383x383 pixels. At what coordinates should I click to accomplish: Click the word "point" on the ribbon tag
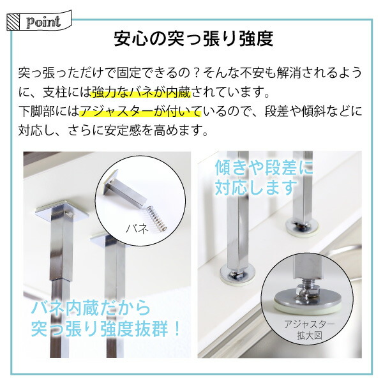[43, 22]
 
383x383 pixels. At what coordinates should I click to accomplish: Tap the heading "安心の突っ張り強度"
[193, 38]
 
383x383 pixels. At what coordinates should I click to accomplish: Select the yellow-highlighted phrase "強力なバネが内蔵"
[140, 93]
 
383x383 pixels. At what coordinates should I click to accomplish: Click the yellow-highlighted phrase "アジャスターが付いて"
[140, 112]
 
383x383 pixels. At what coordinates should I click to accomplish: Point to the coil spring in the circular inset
[157, 218]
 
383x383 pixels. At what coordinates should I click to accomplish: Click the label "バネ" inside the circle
[137, 229]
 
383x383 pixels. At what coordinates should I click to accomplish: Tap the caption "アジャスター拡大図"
[309, 330]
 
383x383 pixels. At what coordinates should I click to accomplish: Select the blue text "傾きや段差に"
[264, 167]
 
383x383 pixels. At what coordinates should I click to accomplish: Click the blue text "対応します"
[256, 187]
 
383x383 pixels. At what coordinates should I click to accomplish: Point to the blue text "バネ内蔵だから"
[91, 308]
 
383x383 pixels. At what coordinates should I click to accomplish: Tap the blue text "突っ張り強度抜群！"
[105, 329]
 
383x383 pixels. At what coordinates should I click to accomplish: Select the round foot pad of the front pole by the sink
[237, 274]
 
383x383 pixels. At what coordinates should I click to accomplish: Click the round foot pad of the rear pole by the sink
[302, 226]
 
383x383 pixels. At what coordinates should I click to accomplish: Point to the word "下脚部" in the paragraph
[37, 112]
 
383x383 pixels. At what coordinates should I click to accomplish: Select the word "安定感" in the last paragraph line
[123, 130]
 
